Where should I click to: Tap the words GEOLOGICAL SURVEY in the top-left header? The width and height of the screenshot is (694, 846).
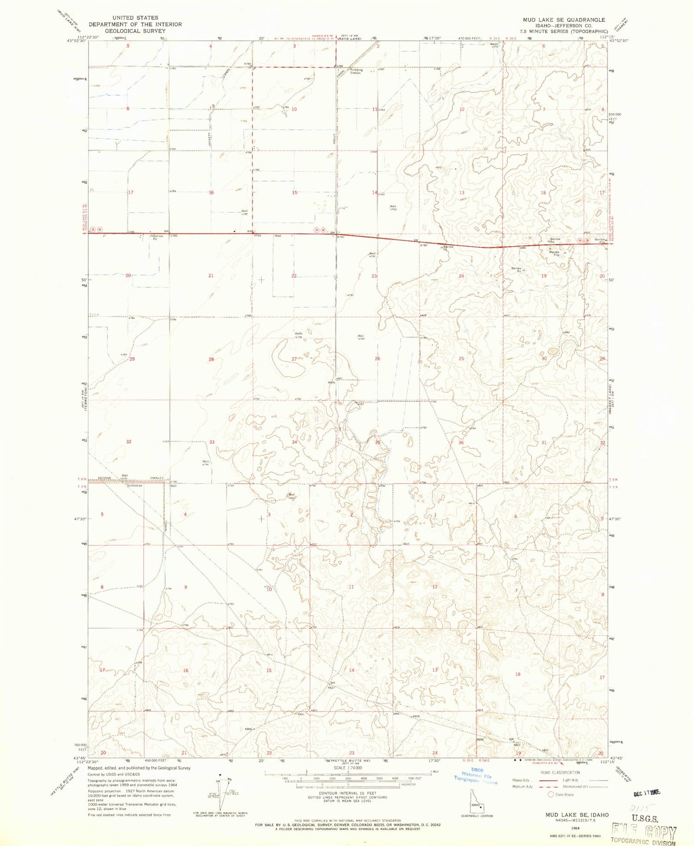(x=135, y=31)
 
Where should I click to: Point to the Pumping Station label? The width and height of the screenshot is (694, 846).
(x=356, y=71)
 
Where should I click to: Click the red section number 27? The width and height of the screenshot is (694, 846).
(x=294, y=359)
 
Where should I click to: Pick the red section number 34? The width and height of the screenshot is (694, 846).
(x=294, y=442)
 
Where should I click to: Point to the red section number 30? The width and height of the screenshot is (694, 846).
(x=544, y=358)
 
